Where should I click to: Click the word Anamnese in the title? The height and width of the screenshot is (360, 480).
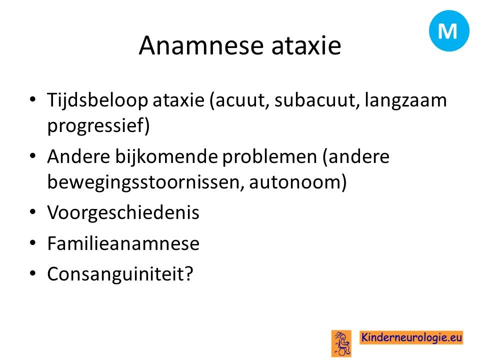[201, 45]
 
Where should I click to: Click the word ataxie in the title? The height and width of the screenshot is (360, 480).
[306, 45]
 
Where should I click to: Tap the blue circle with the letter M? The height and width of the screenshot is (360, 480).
[449, 30]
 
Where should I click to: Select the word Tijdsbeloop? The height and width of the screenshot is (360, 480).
[97, 100]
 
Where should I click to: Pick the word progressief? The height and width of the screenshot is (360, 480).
[96, 125]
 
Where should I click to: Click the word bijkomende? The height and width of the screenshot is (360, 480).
[166, 157]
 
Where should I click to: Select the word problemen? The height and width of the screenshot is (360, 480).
[269, 157]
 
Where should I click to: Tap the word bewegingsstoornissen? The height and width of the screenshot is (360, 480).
[145, 182]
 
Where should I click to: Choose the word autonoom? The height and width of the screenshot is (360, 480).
[295, 182]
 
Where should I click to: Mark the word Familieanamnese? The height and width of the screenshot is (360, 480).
[123, 243]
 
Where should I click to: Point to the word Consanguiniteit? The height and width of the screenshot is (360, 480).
[116, 273]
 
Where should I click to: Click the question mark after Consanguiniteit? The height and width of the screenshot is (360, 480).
[189, 273]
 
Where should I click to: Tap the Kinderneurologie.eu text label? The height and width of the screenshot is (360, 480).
[411, 337]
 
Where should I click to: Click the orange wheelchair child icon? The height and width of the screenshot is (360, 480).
[341, 343]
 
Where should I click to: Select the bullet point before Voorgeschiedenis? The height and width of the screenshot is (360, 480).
[33, 212]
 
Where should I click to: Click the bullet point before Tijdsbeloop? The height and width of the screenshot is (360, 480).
[33, 99]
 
